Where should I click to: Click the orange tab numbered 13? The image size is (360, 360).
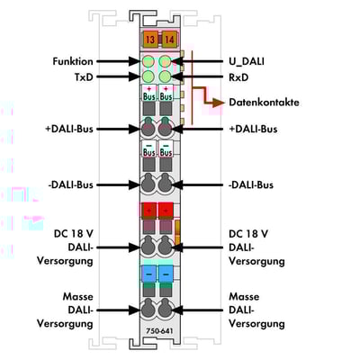[x=150, y=39]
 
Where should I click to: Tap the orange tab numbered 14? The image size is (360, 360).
[x=169, y=39]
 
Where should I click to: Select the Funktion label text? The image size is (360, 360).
[x=73, y=61]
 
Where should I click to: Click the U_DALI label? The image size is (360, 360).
[x=247, y=62]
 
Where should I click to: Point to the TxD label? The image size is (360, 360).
[x=84, y=77]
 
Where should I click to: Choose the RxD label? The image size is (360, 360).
[x=238, y=77]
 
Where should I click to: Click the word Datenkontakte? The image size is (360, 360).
[x=264, y=103]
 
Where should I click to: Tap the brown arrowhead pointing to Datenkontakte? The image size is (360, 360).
[x=219, y=103]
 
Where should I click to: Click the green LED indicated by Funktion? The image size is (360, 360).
[x=148, y=62]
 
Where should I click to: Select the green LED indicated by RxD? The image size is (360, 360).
[x=165, y=76]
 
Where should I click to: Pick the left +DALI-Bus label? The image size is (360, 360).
[x=69, y=129]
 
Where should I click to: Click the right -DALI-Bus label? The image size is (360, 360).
[x=251, y=184]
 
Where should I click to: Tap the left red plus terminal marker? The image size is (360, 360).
[x=149, y=210]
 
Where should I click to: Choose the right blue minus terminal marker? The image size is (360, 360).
[x=166, y=274]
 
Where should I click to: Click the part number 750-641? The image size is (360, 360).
[x=159, y=331]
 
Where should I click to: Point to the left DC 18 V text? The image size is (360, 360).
[x=74, y=233]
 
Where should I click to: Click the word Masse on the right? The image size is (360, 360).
[x=244, y=297]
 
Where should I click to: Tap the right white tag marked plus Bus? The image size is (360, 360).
[x=166, y=93]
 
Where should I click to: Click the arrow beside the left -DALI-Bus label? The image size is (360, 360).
[x=118, y=184]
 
